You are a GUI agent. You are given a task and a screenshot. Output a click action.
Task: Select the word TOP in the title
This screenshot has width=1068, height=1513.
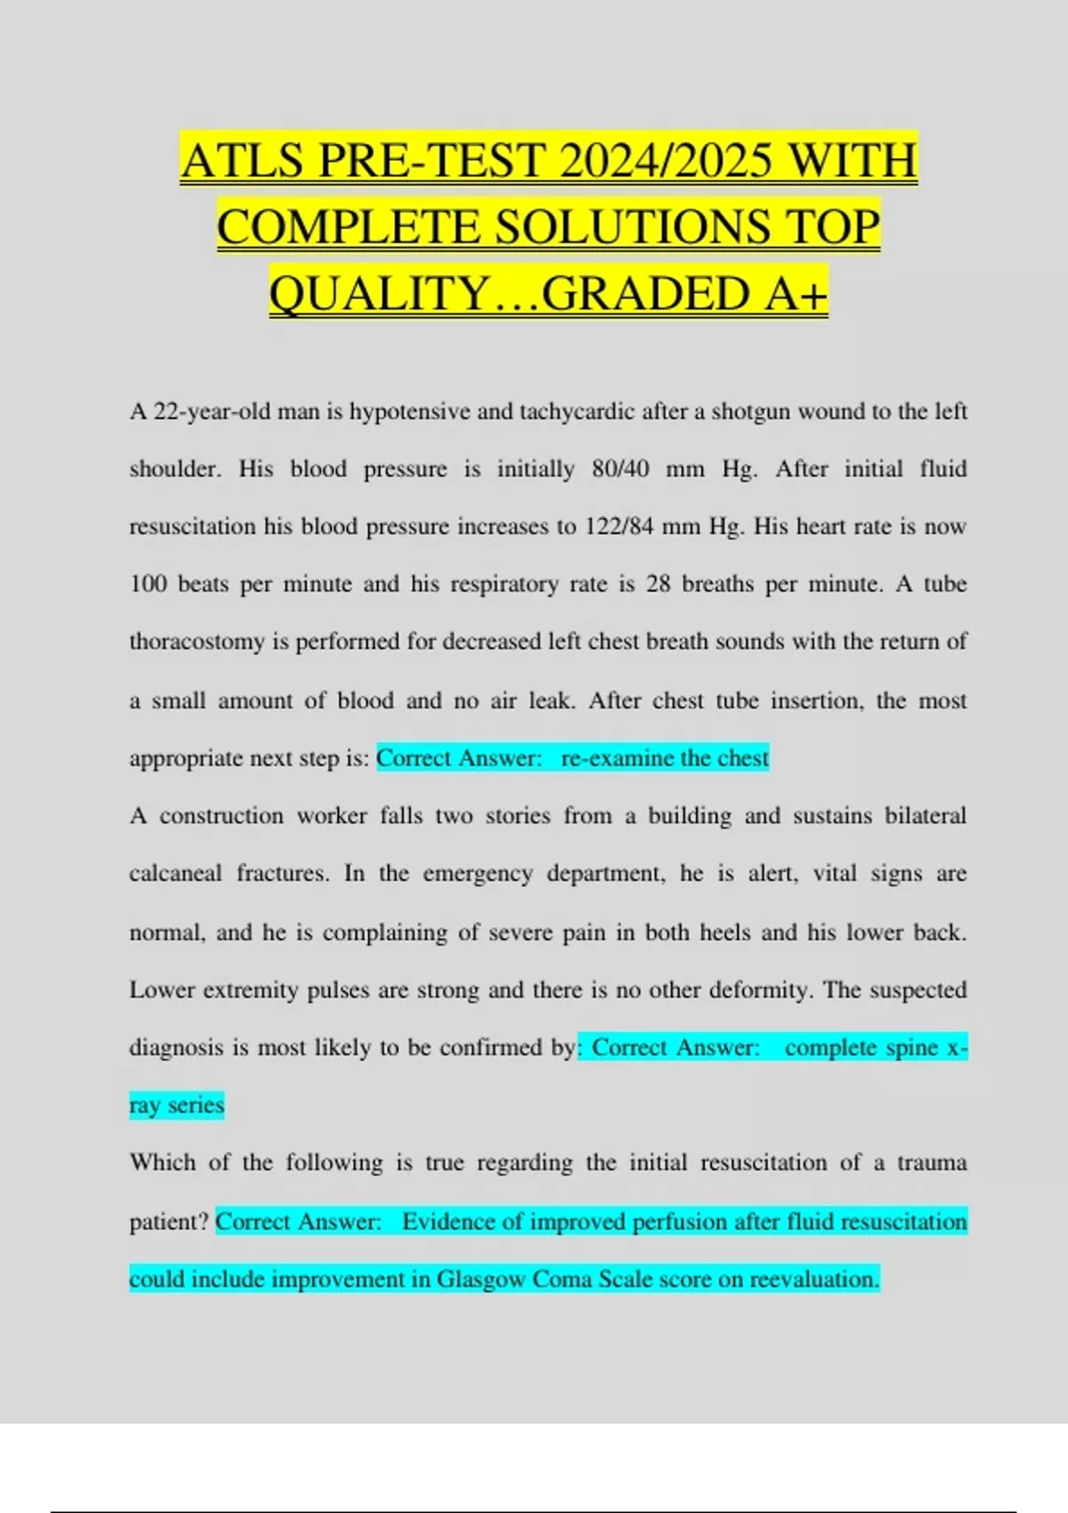831,227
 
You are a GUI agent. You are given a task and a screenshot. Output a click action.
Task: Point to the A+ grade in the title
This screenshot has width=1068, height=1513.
795,294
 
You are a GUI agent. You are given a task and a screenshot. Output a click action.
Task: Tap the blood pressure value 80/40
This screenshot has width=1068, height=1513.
620,469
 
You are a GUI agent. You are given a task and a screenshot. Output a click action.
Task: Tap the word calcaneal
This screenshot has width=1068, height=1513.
175,873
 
